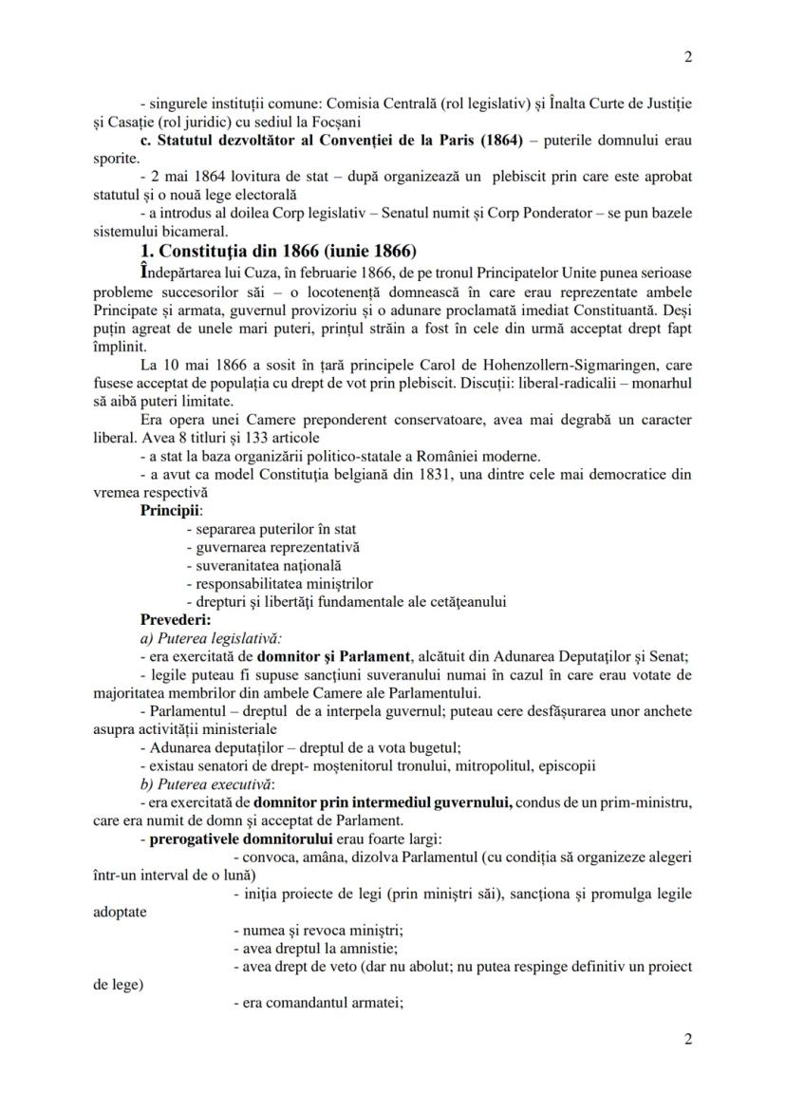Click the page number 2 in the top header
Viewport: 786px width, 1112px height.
coord(687,56)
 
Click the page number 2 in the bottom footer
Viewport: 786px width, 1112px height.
coord(687,1039)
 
